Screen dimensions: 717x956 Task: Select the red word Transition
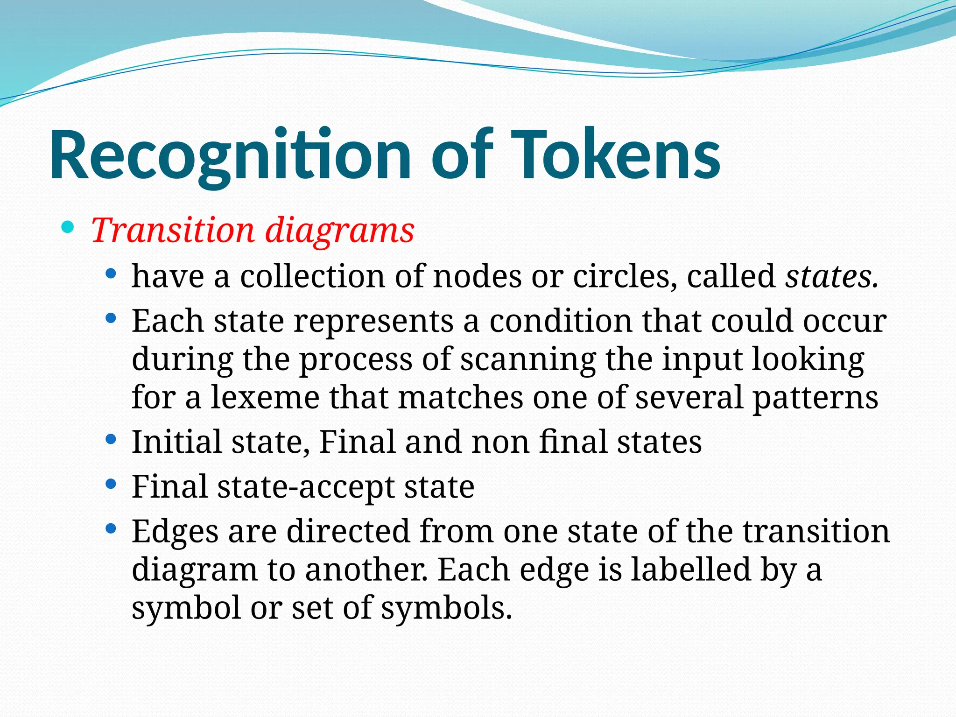click(173, 231)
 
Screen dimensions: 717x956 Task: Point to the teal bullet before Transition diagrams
click(68, 227)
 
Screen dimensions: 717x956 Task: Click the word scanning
click(528, 359)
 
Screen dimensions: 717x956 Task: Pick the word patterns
click(815, 398)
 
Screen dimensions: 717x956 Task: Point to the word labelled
click(690, 570)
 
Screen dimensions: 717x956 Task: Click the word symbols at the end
click(446, 609)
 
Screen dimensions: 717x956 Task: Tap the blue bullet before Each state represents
click(111, 319)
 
